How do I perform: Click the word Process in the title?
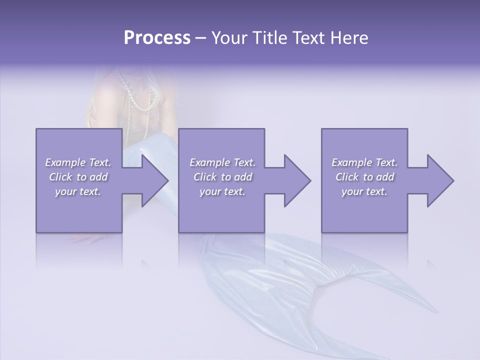pyautogui.click(x=157, y=38)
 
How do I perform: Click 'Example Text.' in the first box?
pyautogui.click(x=78, y=162)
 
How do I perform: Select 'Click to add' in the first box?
pyautogui.click(x=78, y=177)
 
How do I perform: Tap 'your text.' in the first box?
pyautogui.click(x=78, y=191)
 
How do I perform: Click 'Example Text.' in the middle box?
pyautogui.click(x=222, y=162)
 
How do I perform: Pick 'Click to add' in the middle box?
pyautogui.click(x=222, y=177)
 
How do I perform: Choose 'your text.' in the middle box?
pyautogui.click(x=222, y=191)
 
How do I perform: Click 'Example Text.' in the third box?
pyautogui.click(x=364, y=162)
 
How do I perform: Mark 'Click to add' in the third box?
pyautogui.click(x=364, y=177)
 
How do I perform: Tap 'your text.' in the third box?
pyautogui.click(x=364, y=191)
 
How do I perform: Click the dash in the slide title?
pyautogui.click(x=201, y=38)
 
